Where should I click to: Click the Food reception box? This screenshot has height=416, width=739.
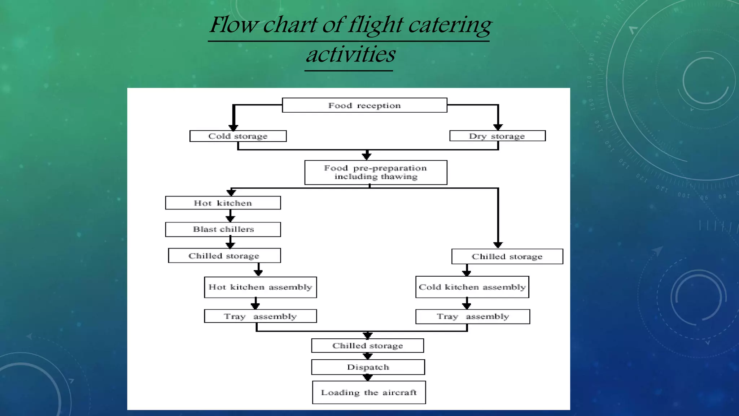pos(364,105)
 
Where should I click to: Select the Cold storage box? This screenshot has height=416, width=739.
pos(238,136)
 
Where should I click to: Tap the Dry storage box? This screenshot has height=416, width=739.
pos(497,136)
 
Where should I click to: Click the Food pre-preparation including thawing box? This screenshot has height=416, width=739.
pos(376,172)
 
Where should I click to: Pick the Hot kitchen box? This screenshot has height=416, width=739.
pos(223,203)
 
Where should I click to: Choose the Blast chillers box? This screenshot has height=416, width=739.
pos(223,229)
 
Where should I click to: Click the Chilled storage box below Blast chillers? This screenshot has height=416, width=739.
pos(224,256)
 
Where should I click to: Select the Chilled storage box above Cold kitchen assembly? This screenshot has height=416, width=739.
pos(507,256)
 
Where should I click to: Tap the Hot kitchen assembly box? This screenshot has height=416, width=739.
pos(260,287)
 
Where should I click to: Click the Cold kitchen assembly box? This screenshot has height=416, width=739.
pos(472,287)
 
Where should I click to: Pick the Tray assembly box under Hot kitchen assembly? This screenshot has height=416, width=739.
pos(260,316)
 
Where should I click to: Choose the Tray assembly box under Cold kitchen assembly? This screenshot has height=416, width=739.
pos(473,316)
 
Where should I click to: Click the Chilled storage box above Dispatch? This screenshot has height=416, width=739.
pos(367,346)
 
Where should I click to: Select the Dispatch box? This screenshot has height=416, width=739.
pos(368,367)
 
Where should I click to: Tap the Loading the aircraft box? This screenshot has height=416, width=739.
pos(369,393)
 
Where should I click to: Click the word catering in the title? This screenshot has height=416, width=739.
pos(450,25)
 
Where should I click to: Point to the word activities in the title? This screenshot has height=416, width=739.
pos(350,55)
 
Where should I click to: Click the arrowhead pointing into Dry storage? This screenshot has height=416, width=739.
pos(498,127)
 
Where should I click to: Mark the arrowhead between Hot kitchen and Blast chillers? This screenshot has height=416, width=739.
pos(230,219)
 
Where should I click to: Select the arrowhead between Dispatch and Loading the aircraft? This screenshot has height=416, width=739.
pos(368,378)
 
